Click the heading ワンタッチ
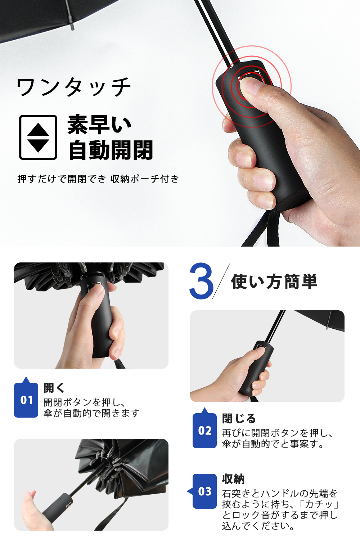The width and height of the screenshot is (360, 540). point(74,87)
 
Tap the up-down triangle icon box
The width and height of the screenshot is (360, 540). point(38,137)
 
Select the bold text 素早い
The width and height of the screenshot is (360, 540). point(99,125)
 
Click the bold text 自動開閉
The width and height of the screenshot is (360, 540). point(111,150)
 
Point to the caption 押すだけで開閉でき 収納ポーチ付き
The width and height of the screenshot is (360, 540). point(98,179)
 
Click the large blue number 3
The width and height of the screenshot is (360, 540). point(201,281)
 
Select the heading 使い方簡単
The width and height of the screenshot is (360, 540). point(274,281)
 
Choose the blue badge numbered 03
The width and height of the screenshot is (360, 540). point(204,491)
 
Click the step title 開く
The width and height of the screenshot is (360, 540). point(54,388)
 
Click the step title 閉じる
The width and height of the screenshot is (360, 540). point(239,418)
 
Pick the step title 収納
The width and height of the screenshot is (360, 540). point(233,479)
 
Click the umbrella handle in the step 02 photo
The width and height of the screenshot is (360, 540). point(257,368)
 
